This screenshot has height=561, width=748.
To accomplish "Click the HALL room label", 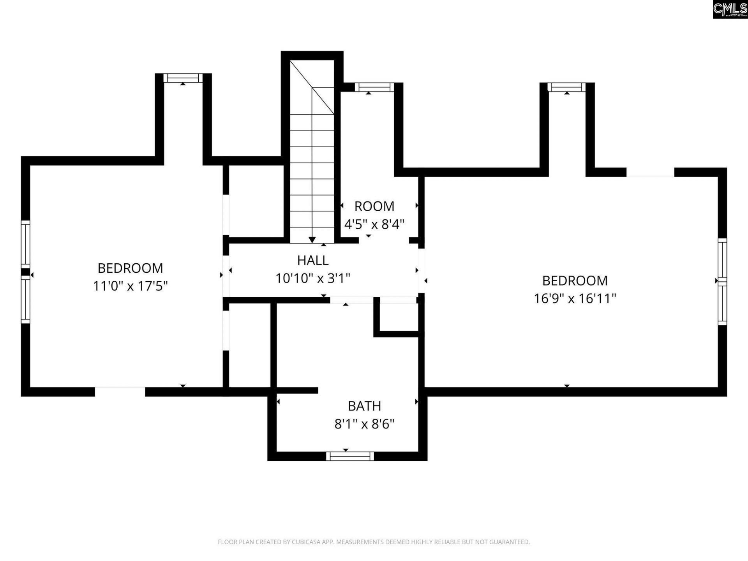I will (312, 260).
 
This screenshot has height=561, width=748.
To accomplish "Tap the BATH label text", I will (364, 406).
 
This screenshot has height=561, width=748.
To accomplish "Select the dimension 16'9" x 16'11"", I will (575, 298).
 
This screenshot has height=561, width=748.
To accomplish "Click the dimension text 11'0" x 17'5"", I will (130, 286).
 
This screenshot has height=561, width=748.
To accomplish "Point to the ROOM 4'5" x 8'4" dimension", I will (374, 224).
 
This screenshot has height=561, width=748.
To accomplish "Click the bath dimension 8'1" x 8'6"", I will (364, 424).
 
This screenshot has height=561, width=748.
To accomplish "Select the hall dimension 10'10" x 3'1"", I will (312, 278).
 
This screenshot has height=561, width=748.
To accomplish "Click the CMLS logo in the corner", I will (730, 9).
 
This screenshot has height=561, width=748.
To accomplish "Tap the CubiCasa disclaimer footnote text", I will (374, 542).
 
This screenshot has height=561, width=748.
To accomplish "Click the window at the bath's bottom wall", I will (349, 456).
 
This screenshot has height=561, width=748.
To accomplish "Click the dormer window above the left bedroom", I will (183, 78).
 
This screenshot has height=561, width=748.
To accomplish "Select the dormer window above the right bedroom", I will (566, 87).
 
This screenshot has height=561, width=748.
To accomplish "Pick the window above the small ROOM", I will (374, 87).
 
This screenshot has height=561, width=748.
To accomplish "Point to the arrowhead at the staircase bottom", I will (312, 240).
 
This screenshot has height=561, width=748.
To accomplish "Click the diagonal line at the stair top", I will (312, 87).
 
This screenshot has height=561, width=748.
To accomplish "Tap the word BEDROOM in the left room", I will (130, 268).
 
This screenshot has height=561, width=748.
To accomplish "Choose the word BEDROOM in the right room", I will (575, 280).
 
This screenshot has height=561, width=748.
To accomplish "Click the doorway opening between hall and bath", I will (352, 300).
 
